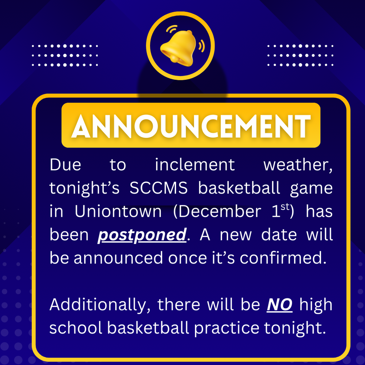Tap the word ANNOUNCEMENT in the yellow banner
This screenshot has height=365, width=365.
(191, 125)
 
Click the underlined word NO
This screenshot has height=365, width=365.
(280, 305)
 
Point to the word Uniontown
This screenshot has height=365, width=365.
(118, 212)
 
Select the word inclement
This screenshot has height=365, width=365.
(195, 165)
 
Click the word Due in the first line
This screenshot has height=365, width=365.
(65, 165)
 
